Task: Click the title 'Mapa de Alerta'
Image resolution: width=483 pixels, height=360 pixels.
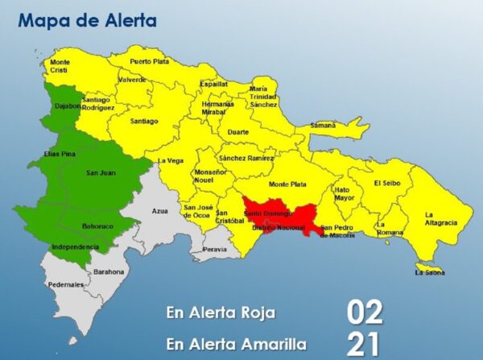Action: click(x=88, y=20)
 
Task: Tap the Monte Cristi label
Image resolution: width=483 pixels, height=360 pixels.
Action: click(x=60, y=66)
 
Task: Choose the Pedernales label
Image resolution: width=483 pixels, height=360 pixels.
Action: click(x=66, y=284)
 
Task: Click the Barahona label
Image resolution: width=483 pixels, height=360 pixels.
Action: click(x=109, y=271)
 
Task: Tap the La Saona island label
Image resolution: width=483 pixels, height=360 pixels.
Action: click(x=429, y=272)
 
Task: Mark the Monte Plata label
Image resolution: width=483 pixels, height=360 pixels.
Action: click(x=287, y=184)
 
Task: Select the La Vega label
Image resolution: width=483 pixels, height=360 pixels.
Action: click(x=170, y=159)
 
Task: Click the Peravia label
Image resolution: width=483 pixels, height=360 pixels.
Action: click(x=215, y=250)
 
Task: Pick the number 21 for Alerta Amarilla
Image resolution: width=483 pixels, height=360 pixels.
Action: click(x=364, y=344)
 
